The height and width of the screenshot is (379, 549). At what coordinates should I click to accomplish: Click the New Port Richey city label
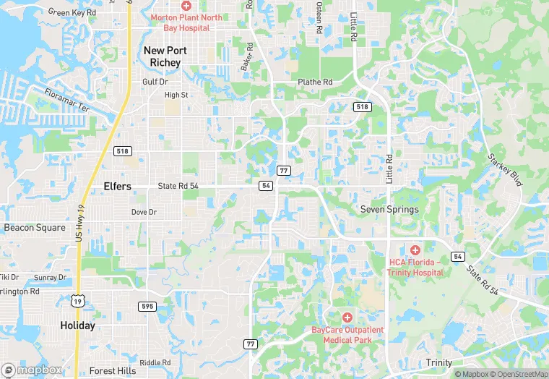pos(165,56)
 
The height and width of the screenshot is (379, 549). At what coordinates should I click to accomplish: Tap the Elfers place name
pos(117,187)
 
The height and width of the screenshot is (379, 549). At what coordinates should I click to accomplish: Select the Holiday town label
pos(77,325)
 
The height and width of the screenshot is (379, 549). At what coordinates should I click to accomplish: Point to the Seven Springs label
pos(389,210)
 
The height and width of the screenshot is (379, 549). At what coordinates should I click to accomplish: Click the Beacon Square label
pos(35,227)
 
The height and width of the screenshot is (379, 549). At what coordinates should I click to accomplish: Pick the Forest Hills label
pos(111,371)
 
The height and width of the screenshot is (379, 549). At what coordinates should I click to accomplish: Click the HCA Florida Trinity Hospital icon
pos(415,250)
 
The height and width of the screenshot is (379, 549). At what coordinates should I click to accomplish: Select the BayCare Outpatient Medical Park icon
pos(347,318)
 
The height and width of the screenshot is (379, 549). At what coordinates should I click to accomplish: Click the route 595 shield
pos(147,307)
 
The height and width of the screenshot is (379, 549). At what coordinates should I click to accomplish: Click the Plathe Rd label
pos(316,82)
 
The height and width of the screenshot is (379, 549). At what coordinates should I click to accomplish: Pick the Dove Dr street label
pos(144,212)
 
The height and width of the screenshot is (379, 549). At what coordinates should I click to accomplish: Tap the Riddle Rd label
pos(155,362)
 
